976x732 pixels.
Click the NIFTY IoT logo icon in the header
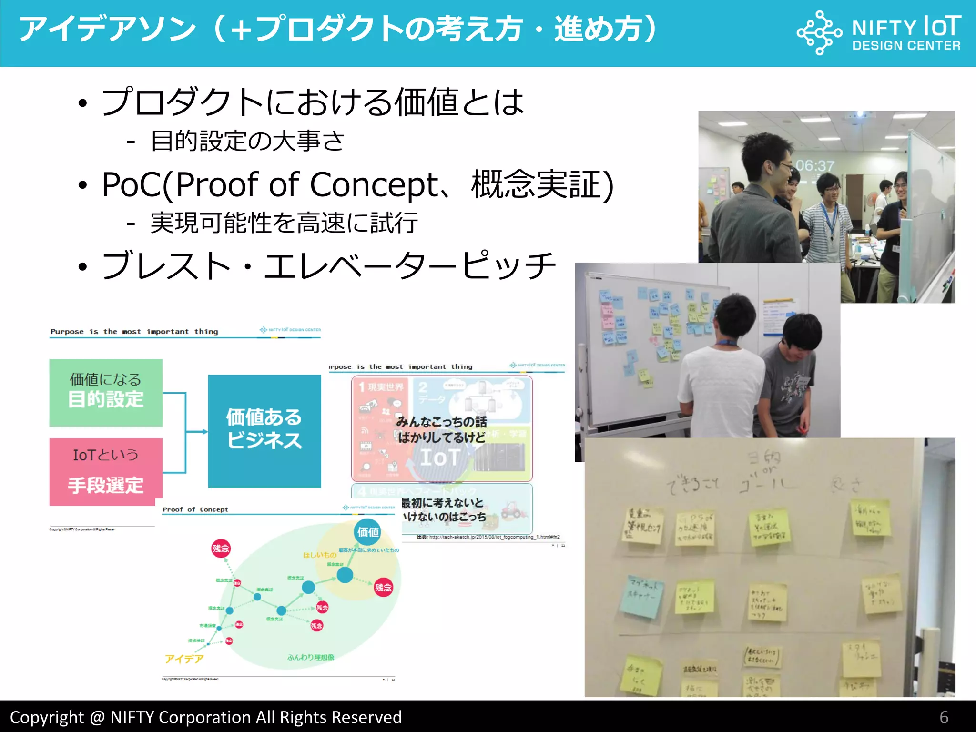(819, 32)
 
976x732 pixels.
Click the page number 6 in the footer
(944, 717)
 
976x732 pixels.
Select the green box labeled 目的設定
(106, 393)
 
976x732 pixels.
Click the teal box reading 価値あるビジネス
(264, 430)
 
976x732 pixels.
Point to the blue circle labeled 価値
(368, 532)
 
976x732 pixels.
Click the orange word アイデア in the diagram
(184, 659)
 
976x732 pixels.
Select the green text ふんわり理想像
(311, 657)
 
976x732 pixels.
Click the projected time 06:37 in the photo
(815, 166)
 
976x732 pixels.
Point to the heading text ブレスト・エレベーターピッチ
(329, 266)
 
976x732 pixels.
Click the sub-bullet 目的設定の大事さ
(248, 141)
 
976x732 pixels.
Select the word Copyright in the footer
(47, 717)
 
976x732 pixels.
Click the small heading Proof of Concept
(195, 509)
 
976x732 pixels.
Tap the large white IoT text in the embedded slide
(439, 457)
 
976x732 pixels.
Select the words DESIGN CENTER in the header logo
(906, 46)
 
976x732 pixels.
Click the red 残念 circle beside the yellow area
(383, 587)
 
